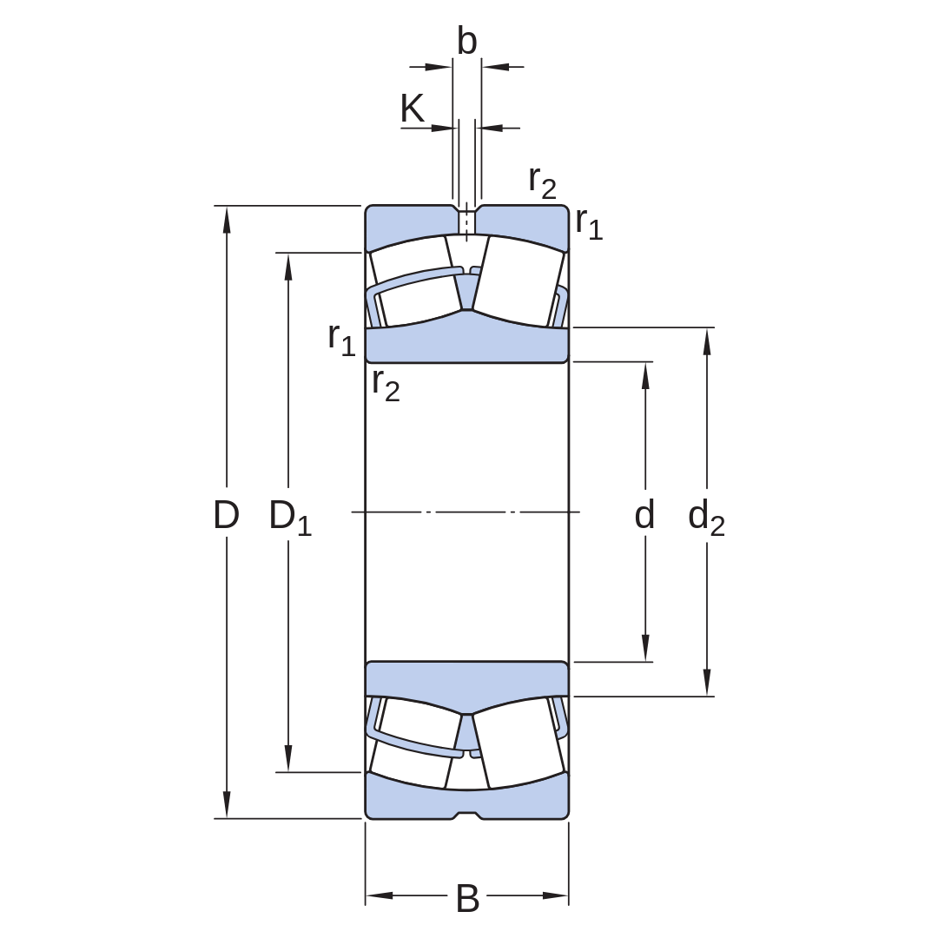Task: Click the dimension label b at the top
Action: click(x=467, y=41)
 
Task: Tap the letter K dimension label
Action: click(x=413, y=109)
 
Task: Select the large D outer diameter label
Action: click(x=226, y=514)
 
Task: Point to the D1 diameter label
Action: click(x=290, y=517)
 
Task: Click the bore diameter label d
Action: click(x=644, y=514)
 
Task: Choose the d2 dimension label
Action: click(x=706, y=518)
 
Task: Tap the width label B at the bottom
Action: click(x=467, y=898)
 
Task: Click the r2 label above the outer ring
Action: click(x=542, y=182)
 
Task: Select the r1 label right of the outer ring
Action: click(x=589, y=223)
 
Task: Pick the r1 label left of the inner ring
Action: click(x=341, y=340)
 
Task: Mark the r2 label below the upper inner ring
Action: click(x=386, y=384)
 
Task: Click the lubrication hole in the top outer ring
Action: click(x=466, y=222)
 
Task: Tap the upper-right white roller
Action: click(x=519, y=281)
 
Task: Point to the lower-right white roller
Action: click(x=519, y=743)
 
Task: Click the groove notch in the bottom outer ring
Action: click(x=467, y=816)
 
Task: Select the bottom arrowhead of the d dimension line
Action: click(x=645, y=648)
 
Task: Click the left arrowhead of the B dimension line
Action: click(x=380, y=895)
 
